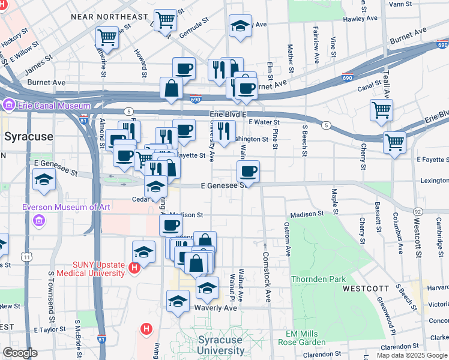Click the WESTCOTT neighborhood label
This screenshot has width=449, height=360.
[x=366, y=289]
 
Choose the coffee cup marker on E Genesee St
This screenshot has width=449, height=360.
[x=248, y=172]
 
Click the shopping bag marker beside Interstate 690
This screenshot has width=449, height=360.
[x=172, y=88]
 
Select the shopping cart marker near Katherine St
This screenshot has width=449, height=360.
[x=107, y=37]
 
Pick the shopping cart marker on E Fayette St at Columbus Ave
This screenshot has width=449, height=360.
[x=394, y=143]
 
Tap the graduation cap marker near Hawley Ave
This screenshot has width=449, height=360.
[x=241, y=26]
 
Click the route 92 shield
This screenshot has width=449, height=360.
[x=419, y=211]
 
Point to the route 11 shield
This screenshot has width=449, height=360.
[x=27, y=257]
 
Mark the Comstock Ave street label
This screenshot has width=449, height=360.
[x=267, y=273]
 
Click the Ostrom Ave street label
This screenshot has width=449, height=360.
[x=288, y=239]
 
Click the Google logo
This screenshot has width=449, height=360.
[x=20, y=353]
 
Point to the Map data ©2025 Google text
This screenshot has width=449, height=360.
[x=412, y=355]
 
